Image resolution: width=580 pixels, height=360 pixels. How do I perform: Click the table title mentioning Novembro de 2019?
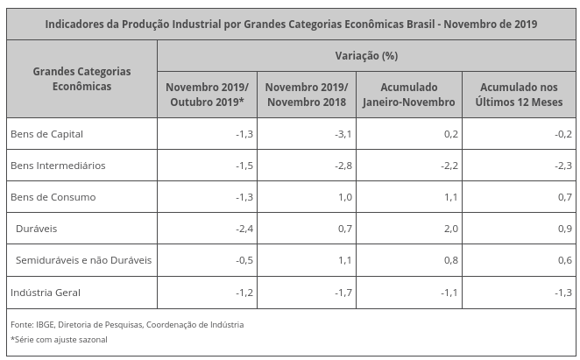[291, 23]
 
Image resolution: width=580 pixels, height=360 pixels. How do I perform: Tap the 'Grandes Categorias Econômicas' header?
[81, 79]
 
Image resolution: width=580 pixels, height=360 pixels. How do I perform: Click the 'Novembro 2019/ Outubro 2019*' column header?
[207, 95]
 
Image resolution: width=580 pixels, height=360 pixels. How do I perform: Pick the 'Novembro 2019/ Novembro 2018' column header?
[306, 95]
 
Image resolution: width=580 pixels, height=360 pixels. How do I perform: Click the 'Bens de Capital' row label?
[46, 133]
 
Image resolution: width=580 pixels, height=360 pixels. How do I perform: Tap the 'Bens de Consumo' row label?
[52, 196]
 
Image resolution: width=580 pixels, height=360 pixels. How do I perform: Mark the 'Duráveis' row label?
[36, 229]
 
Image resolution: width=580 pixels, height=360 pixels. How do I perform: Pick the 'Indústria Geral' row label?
[46, 292]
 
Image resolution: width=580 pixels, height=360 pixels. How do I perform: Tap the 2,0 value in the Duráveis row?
[450, 229]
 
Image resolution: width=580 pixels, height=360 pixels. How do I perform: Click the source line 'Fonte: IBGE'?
[127, 324]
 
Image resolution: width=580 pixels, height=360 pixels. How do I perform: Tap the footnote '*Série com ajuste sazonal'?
[59, 339]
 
